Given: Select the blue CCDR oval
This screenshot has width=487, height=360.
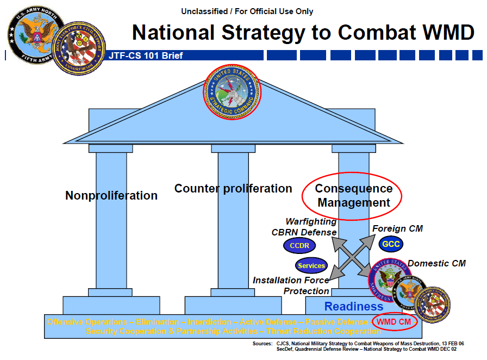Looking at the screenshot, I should pyautogui.click(x=299, y=246).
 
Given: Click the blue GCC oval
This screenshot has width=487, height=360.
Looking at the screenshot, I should pyautogui.click(x=391, y=244).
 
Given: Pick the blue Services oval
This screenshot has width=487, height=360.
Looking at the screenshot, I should pyautogui.click(x=311, y=265).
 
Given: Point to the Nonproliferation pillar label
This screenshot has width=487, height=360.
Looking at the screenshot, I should pyautogui.click(x=111, y=195).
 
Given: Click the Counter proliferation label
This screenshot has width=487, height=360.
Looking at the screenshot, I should pyautogui.click(x=233, y=189).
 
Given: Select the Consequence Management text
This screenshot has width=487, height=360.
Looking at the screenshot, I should pyautogui.click(x=353, y=195).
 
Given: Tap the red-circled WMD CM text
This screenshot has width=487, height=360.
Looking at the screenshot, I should pyautogui.click(x=394, y=321).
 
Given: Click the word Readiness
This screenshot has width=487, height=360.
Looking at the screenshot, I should pyautogui.click(x=354, y=307).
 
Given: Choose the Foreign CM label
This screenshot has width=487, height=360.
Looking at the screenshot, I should pyautogui.click(x=397, y=228).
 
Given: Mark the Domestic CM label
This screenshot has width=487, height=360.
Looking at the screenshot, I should pyautogui.click(x=436, y=263).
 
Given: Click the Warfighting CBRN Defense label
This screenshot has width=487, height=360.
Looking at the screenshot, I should pyautogui.click(x=304, y=227).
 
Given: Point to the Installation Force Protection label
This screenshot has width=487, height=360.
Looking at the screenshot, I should pyautogui.click(x=291, y=285).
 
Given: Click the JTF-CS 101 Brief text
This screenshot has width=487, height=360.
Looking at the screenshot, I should pyautogui.click(x=146, y=55).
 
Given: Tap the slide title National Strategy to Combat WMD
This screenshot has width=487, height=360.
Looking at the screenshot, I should pyautogui.click(x=303, y=33).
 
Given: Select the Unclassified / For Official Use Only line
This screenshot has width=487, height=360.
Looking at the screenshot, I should pyautogui.click(x=247, y=11).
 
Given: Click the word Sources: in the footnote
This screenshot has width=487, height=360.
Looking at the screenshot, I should pyautogui.click(x=263, y=344).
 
